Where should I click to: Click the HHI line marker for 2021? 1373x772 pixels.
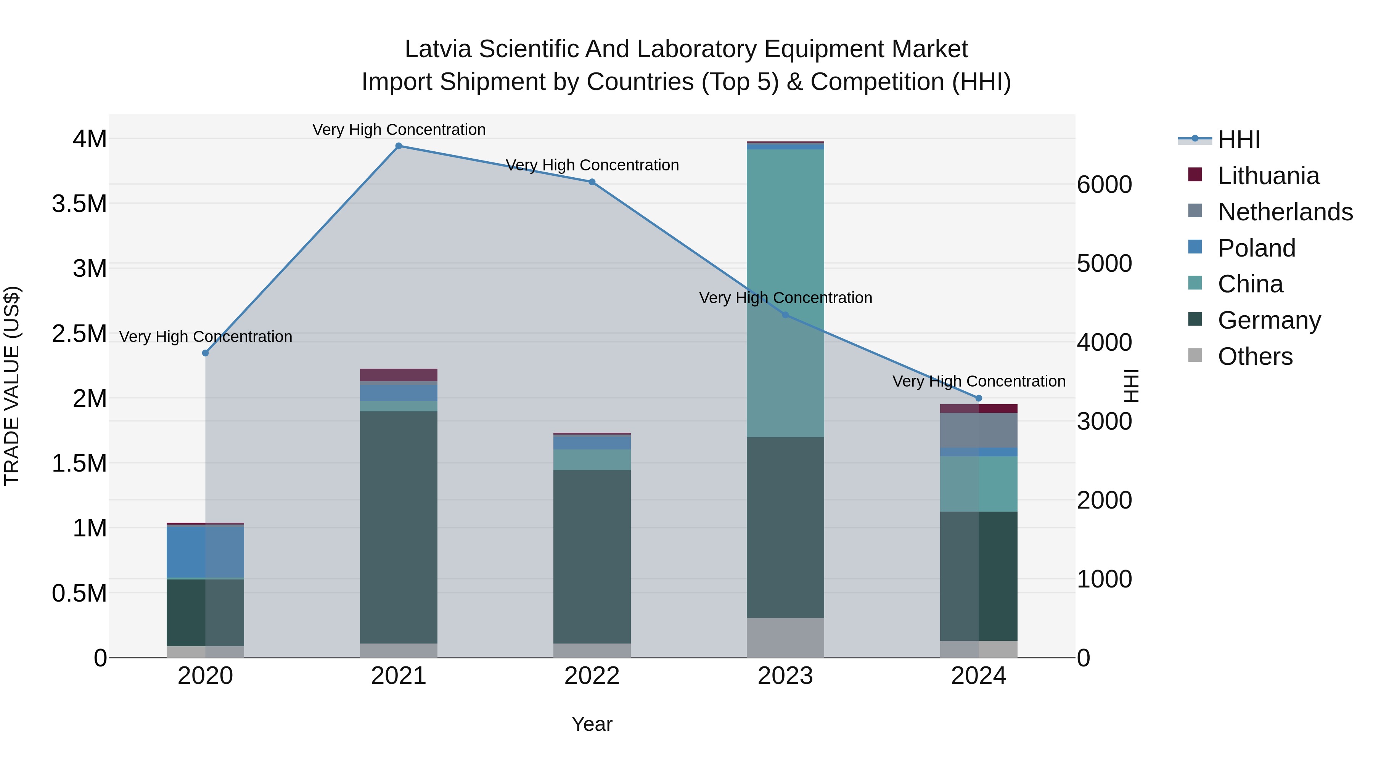(399, 146)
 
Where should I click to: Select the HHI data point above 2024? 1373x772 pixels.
(979, 398)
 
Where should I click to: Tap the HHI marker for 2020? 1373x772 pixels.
(205, 353)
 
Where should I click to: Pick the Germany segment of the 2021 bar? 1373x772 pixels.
(399, 528)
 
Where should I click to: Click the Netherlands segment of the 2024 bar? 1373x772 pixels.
(979, 430)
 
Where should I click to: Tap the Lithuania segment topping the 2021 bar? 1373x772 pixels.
(399, 374)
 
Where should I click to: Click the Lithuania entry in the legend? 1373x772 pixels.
(1268, 176)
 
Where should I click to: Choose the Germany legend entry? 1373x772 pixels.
(1268, 320)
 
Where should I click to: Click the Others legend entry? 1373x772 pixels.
(1255, 356)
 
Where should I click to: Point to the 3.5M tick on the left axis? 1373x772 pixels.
(79, 204)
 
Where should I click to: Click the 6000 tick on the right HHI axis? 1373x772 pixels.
(1104, 185)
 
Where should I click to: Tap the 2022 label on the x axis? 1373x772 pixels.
(592, 676)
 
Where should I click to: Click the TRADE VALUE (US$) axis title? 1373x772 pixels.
(12, 386)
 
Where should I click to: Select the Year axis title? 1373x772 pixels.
(592, 724)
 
